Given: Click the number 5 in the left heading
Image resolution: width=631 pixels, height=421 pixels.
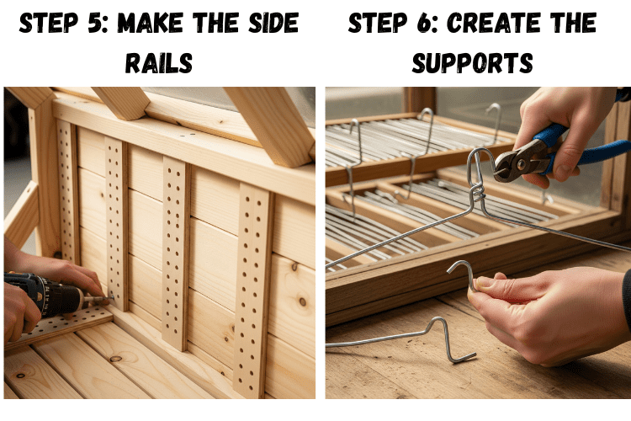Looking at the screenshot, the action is point(95,23).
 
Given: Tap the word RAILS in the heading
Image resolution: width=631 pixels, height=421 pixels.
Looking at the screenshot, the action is point(159,63).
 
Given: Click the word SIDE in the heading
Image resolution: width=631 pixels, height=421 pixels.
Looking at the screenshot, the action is point(273,23).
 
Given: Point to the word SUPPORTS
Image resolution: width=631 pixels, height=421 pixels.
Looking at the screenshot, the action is point(473,63).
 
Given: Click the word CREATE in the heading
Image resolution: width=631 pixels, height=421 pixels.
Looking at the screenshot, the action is point(493,23).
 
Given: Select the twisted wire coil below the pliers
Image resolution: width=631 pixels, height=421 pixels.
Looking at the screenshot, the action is point(478,193).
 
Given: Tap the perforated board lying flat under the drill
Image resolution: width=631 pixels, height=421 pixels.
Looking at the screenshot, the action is point(61,325).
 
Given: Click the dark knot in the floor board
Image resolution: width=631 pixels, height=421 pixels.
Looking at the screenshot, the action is point(117,359).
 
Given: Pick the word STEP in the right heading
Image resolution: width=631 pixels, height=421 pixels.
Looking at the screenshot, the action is point(377,23).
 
